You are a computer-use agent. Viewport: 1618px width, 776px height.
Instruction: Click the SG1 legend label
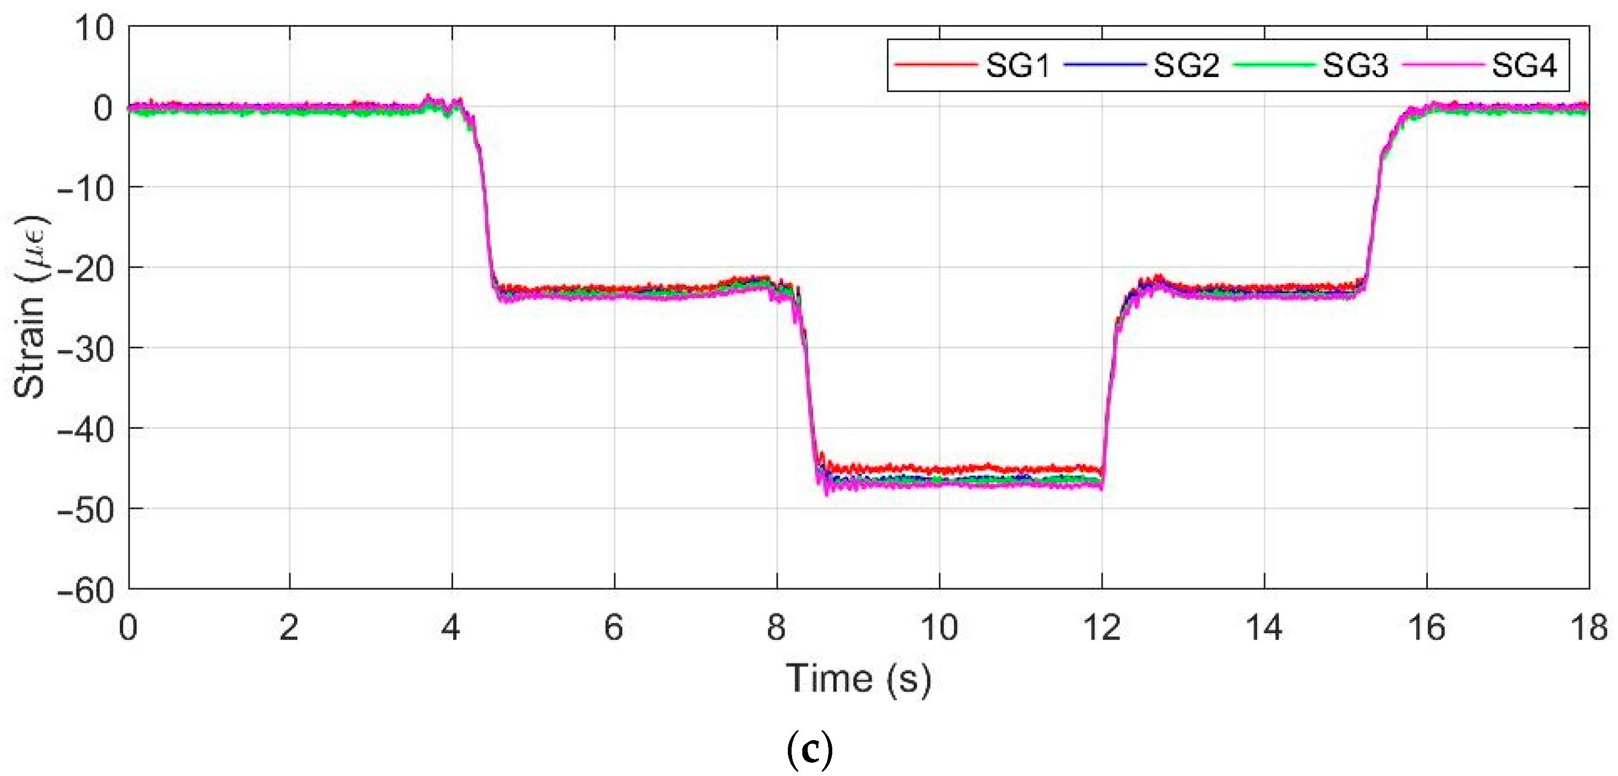click(x=1018, y=65)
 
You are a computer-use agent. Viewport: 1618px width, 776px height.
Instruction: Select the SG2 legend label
click(x=1186, y=65)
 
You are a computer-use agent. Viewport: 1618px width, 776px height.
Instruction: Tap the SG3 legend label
click(x=1355, y=65)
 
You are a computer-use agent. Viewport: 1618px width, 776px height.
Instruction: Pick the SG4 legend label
click(x=1524, y=65)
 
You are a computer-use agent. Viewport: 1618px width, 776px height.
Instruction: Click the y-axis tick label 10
click(x=94, y=29)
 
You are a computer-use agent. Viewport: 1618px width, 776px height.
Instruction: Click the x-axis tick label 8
click(x=777, y=627)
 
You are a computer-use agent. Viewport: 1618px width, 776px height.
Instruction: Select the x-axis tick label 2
click(x=289, y=627)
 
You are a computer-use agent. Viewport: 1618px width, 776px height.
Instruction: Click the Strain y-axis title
click(x=30, y=308)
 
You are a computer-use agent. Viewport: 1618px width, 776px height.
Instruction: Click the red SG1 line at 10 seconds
click(x=939, y=468)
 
